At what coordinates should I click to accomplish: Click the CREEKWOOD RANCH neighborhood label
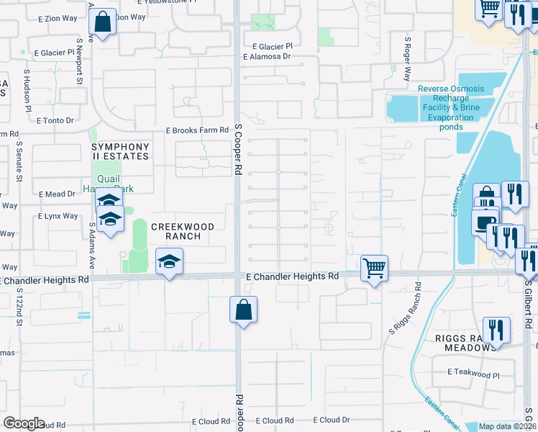[x=183, y=232]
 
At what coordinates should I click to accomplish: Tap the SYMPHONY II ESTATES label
[x=121, y=152]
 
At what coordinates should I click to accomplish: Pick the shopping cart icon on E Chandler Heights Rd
[x=374, y=269]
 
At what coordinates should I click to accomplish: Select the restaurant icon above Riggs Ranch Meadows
[x=496, y=330]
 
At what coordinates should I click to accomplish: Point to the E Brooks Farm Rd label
[x=197, y=131]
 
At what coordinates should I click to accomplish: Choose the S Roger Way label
[x=408, y=59]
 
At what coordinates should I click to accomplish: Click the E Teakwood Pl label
[x=473, y=374]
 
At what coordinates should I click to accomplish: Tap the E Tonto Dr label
[x=55, y=121]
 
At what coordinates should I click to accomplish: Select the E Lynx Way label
[x=59, y=216]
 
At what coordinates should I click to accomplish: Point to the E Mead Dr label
[x=56, y=194]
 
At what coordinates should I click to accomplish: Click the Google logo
[x=24, y=423]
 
